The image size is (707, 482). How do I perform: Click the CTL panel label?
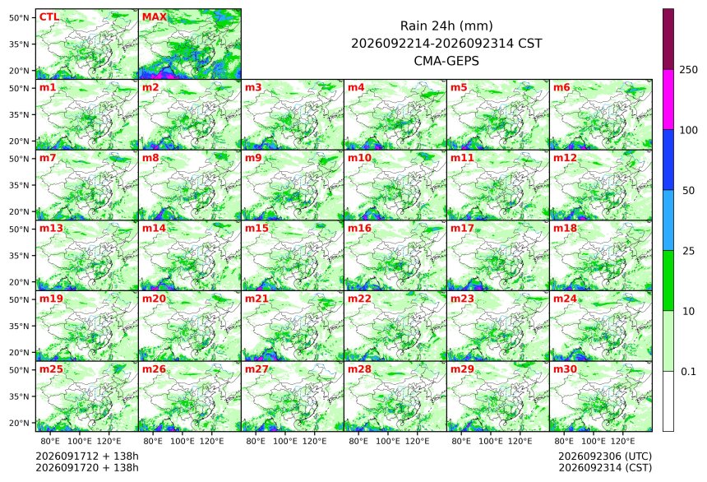pos(49,17)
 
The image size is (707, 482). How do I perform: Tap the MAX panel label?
pos(155,17)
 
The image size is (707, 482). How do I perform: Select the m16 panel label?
pos(359,229)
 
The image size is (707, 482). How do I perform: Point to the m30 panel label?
pos(565,369)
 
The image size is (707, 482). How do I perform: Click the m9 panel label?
pos(253,158)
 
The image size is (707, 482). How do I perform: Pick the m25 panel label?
pos(51,369)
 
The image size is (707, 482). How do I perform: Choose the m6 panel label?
pos(561,87)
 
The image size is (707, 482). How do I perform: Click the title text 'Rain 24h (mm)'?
pos(446,25)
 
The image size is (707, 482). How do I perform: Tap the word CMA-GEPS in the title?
pos(446,61)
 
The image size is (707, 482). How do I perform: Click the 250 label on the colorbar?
pos(688,70)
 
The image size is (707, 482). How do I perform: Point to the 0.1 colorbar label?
pos(688,372)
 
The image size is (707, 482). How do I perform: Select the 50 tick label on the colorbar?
pos(688,191)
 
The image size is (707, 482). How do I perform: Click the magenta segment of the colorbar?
pos(668,100)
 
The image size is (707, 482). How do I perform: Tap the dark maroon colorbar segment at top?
pos(668,39)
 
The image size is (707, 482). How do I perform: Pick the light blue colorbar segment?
pos(668,220)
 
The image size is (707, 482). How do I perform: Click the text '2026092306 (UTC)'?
pos(605,457)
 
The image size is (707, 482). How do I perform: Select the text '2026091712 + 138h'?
pos(87,457)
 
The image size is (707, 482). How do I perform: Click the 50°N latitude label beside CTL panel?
pos(19,17)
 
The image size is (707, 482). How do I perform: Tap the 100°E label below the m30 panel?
pos(594,441)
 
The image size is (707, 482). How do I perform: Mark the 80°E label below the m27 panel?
pos(256,441)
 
